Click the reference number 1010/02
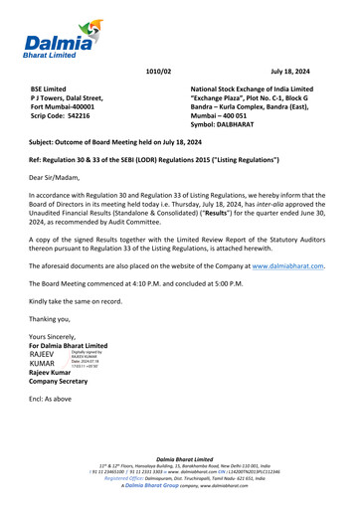(158, 72)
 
